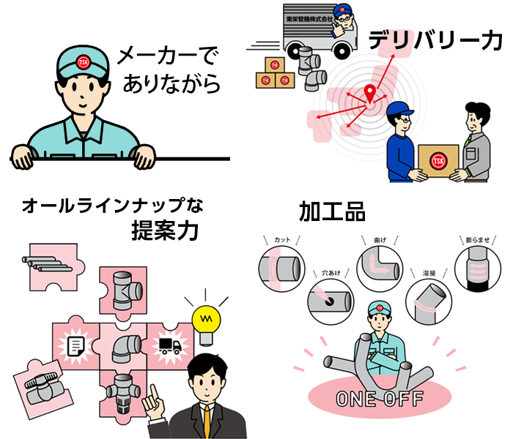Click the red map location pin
click(x=370, y=94)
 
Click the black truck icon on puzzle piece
click(x=169, y=344)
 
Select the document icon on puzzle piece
click(x=76, y=343)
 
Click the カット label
click(x=282, y=241)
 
